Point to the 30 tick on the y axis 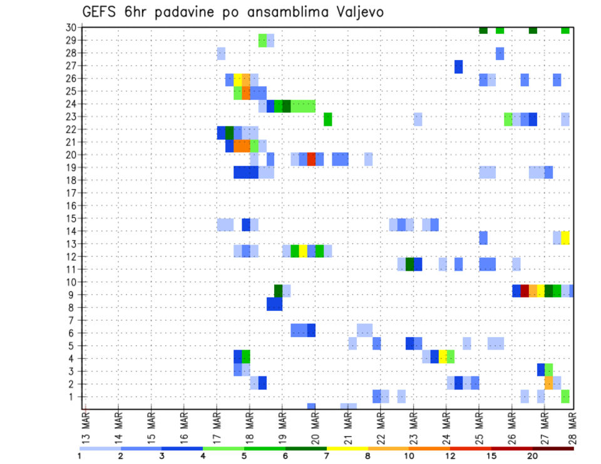(x=71, y=28)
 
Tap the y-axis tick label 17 (x=71, y=193)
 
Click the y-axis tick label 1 (x=73, y=396)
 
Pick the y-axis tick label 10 (x=71, y=282)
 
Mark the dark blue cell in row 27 (x=458, y=66)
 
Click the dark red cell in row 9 (x=525, y=291)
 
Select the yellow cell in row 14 (x=565, y=238)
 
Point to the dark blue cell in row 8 (x=274, y=304)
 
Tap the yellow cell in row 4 (x=443, y=356)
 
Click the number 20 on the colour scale (x=533, y=455)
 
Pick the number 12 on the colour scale (x=451, y=455)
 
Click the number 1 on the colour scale (x=80, y=455)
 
